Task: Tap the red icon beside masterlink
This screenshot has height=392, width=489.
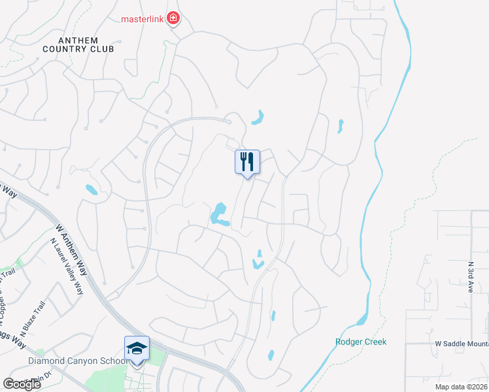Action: point(173,18)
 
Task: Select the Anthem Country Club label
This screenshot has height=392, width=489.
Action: point(87,44)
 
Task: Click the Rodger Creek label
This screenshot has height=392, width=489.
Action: point(361,342)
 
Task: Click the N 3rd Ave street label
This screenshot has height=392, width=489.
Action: point(470,276)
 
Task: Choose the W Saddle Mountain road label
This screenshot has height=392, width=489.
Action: point(461,344)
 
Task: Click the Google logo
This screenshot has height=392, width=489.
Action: point(22,384)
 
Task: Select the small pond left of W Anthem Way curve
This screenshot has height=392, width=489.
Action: point(91,190)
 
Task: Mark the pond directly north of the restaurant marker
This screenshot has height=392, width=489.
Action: point(259,118)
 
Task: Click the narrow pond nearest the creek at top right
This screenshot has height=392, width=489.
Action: point(340,125)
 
